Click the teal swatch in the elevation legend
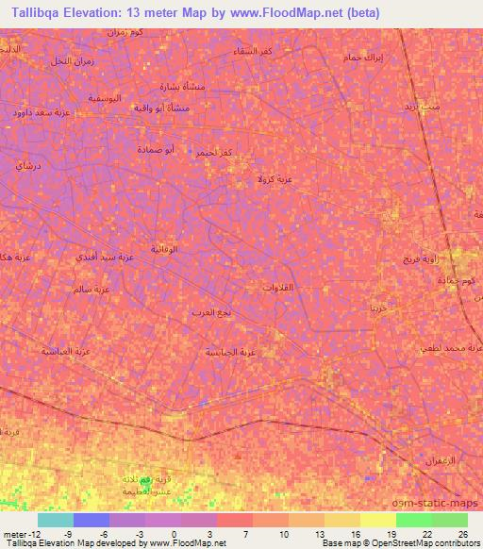[55, 520]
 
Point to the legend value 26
[462, 533]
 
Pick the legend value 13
[319, 533]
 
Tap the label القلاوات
[282, 287]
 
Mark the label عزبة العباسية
[62, 350]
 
